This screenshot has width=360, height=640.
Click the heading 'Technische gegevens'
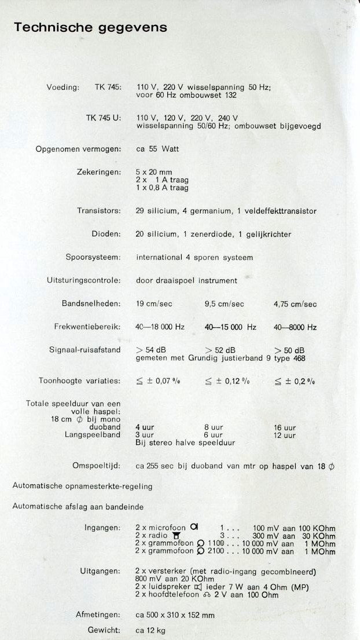[90, 27]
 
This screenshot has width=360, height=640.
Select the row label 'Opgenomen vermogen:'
[78, 149]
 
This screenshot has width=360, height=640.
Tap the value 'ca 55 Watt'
[157, 149]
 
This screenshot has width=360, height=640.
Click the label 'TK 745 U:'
[104, 118]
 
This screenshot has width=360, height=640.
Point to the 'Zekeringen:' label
[99, 172]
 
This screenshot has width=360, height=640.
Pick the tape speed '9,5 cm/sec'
[225, 304]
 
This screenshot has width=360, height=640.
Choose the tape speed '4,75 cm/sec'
[295, 304]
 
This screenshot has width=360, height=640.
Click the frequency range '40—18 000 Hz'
[160, 327]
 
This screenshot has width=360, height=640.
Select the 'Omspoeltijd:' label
[97, 466]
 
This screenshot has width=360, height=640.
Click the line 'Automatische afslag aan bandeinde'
[78, 506]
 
